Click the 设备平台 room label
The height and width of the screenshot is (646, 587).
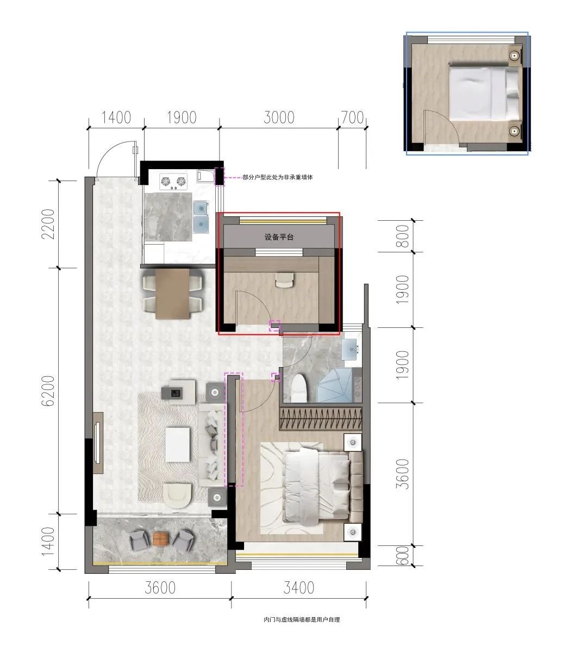pos(279,237)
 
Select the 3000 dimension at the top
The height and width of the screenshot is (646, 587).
pos(279,117)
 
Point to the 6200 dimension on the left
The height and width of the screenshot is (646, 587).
pos(48,390)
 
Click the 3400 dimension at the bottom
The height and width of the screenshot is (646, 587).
pos(298,587)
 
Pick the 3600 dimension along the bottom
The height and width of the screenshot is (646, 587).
pos(160,587)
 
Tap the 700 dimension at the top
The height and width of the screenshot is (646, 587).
pos(353,117)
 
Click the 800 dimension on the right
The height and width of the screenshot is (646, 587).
pos(402,236)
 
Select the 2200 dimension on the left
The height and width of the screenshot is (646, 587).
pos(48,223)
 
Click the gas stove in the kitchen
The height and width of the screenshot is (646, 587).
pos(173,181)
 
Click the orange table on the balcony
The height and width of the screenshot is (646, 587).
pos(161,538)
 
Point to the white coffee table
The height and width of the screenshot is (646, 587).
pos(178,445)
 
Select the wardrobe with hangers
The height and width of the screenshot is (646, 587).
pos(321,418)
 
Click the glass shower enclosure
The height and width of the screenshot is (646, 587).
pos(336,385)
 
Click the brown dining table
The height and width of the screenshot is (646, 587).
pos(173,293)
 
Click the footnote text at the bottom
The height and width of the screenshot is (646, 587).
pos(302,620)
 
